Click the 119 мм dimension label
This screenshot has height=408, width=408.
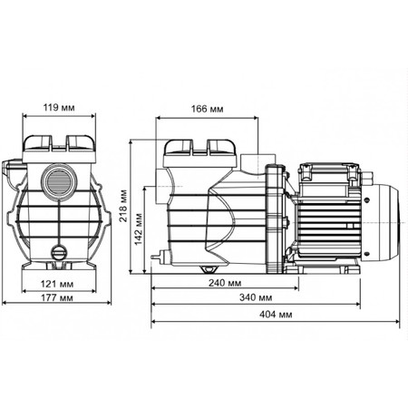pos(59,107)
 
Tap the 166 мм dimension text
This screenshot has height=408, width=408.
pos(207,109)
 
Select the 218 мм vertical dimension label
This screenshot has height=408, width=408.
pos(123,206)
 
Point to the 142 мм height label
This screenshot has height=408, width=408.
pos(138,228)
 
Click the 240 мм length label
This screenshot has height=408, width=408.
pos(225,283)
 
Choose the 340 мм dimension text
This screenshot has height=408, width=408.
pos(256,297)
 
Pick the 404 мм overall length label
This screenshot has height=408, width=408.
pos(276,315)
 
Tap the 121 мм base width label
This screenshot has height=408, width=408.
pos(57,284)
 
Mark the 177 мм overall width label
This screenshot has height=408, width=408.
pos(57,297)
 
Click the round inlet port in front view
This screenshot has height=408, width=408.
pos(59,180)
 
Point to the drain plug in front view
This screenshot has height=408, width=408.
pos(59,252)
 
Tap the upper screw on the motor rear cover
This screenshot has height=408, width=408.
pos(367,199)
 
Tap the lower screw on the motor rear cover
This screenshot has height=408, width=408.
pos(367,254)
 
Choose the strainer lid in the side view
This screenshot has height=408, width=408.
pos(199,147)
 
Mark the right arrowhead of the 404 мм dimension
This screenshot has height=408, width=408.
pos(397,322)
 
